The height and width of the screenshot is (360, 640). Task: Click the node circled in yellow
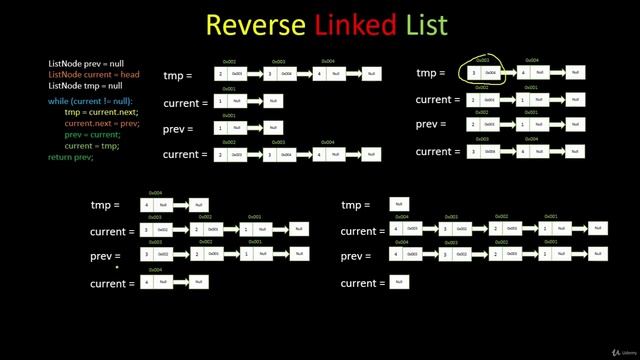click(484, 73)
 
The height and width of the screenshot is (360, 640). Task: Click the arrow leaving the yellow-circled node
click(509, 73)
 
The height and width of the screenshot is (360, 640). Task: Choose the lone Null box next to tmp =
click(399, 205)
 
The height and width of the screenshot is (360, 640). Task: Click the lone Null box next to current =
click(399, 283)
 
